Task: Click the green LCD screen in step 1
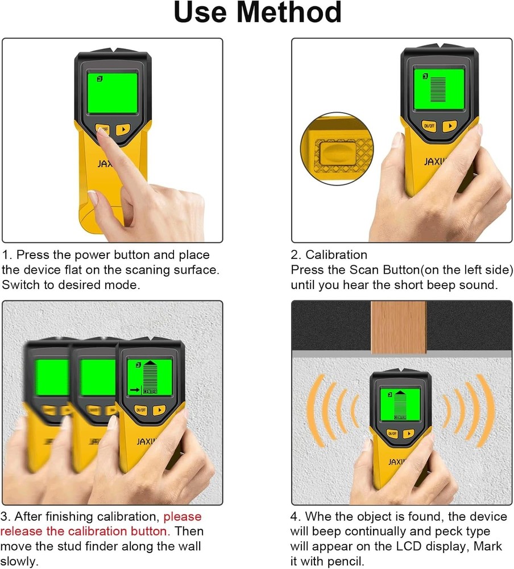tap(112, 93)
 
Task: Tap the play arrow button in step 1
tap(123, 129)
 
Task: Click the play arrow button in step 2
tap(450, 126)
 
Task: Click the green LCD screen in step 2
tap(438, 88)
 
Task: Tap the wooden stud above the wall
tap(398, 327)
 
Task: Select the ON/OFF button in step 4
tap(392, 434)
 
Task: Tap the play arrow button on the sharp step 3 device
tap(160, 409)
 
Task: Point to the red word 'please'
tap(183, 517)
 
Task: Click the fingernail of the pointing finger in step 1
tap(102, 130)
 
